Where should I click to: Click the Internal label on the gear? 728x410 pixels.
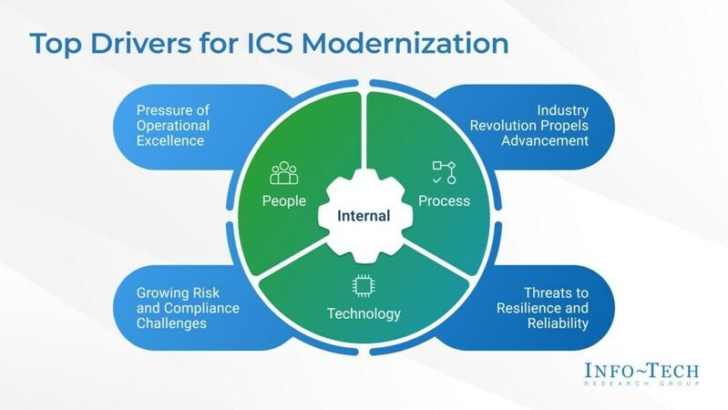[x=364, y=216]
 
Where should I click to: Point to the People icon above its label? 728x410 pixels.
[x=284, y=173]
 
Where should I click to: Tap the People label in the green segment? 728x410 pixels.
[x=284, y=200]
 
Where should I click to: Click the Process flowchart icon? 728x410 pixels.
[x=443, y=172]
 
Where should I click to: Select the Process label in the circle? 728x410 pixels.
[x=443, y=200]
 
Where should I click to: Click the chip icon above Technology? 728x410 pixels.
[x=364, y=286]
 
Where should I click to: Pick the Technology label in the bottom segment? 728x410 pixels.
[x=364, y=314]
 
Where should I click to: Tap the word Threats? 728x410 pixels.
[x=549, y=292]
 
